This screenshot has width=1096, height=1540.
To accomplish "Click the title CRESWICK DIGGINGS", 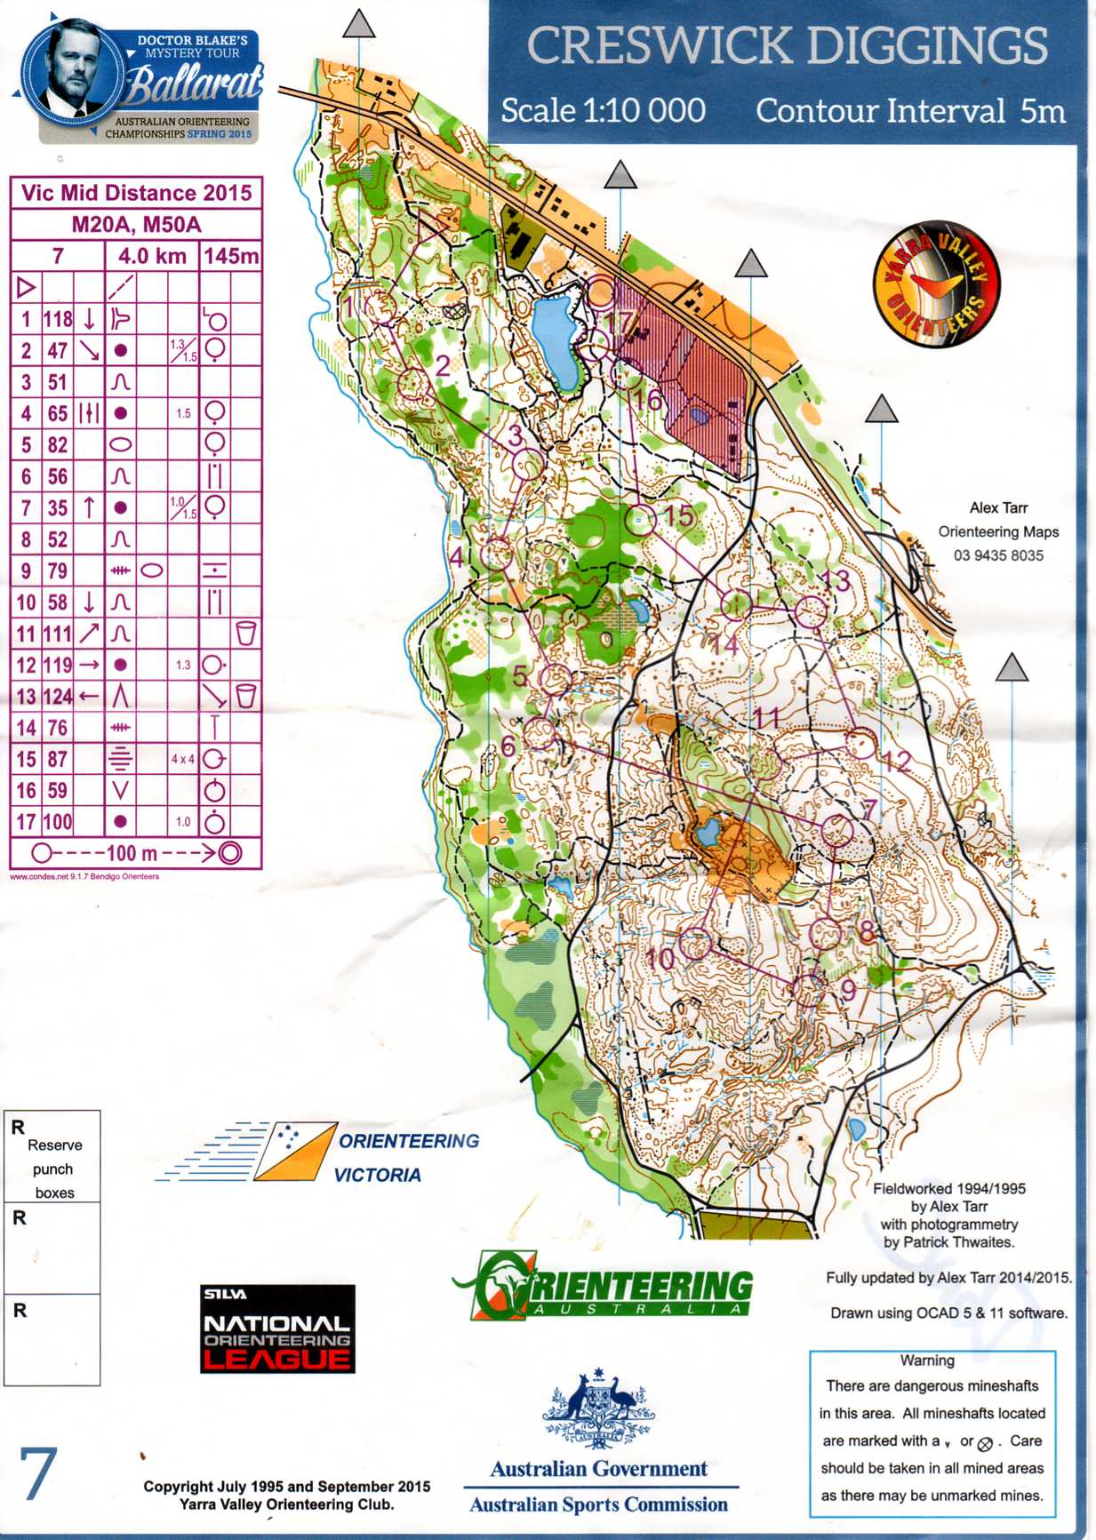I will (x=788, y=46).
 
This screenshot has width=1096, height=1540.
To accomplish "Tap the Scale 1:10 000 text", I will (x=603, y=111).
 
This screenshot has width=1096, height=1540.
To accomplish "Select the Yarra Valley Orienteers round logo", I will (x=937, y=284).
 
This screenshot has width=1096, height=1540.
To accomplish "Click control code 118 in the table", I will (x=58, y=319).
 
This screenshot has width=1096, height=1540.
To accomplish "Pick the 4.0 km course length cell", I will (x=152, y=257).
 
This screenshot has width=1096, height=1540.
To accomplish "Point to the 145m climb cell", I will (x=231, y=257).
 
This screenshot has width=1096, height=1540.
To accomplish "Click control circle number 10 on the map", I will (x=695, y=944).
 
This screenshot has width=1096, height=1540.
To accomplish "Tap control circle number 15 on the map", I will (x=640, y=520).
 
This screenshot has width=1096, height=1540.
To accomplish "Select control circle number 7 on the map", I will (x=836, y=831).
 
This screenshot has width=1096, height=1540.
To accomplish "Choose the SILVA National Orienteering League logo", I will (x=277, y=1329).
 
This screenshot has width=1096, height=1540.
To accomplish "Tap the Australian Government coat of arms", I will (x=599, y=1408).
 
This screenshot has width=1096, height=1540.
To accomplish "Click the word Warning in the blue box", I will (x=927, y=1360).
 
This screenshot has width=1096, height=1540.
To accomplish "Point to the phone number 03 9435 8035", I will (x=998, y=555).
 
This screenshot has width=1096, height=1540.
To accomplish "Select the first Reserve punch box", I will (x=52, y=1156).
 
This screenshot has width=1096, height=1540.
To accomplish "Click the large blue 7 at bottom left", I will (x=38, y=1475).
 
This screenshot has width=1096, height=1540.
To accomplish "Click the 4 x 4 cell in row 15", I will (x=183, y=759).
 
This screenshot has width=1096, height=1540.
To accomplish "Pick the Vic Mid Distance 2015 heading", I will (x=136, y=193).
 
